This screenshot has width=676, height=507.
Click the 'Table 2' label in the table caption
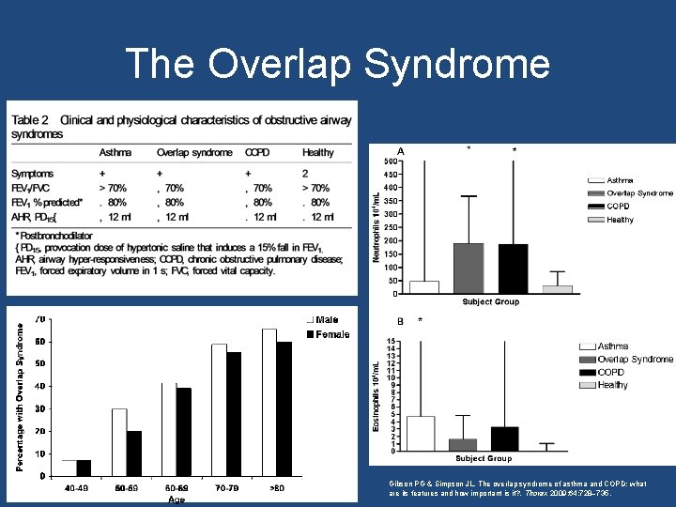[x=31, y=120]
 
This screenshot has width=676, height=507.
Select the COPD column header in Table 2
[x=257, y=152]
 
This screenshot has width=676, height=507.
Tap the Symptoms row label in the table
[x=33, y=174]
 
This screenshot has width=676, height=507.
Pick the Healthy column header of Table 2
[x=317, y=152]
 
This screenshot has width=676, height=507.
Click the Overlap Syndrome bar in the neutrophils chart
[x=469, y=268]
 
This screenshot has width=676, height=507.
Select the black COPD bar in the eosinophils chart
[x=504, y=438]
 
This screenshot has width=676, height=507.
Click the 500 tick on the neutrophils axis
[x=389, y=160]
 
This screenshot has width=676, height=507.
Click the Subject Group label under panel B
[x=484, y=458]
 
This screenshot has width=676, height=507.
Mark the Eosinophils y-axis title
[x=376, y=395]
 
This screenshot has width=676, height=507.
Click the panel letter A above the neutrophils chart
[x=401, y=151]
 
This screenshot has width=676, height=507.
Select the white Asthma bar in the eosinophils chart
[x=421, y=433]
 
